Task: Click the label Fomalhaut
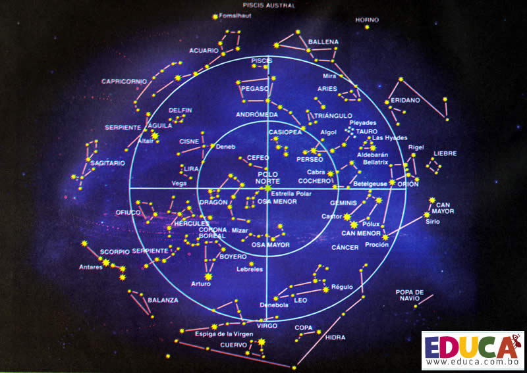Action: click(235, 15)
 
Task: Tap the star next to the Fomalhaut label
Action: click(215, 17)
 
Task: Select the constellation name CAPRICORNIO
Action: click(124, 82)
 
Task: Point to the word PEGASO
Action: click(255, 89)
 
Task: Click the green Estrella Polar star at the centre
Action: click(268, 188)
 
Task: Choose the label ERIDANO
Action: click(405, 100)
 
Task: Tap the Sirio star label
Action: click(433, 222)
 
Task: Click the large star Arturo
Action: click(208, 277)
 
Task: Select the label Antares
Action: click(91, 267)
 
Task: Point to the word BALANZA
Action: click(163, 300)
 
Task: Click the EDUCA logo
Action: click(472, 350)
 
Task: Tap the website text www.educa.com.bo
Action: click(472, 362)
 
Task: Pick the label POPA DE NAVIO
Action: click(409, 295)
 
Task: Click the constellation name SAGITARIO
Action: click(107, 163)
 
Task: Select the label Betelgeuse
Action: click(370, 184)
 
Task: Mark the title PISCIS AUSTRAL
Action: click(269, 5)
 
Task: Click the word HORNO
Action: click(367, 20)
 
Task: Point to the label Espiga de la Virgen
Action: click(224, 334)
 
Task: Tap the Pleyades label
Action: click(363, 123)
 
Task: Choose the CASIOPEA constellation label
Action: click(285, 132)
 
